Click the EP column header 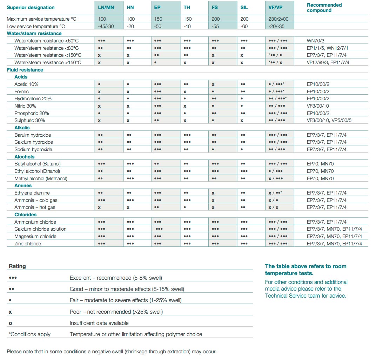(x=157, y=7)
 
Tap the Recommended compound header (x=324, y=8)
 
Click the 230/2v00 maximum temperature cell (x=278, y=19)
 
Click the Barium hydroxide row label (x=33, y=135)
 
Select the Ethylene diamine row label (x=32, y=193)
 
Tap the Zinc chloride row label (x=28, y=244)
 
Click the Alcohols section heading (x=25, y=157)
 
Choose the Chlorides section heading (x=25, y=215)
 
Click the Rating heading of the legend (x=17, y=266)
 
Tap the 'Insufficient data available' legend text (x=99, y=323)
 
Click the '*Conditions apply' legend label (x=29, y=334)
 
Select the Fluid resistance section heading (x=25, y=70)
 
